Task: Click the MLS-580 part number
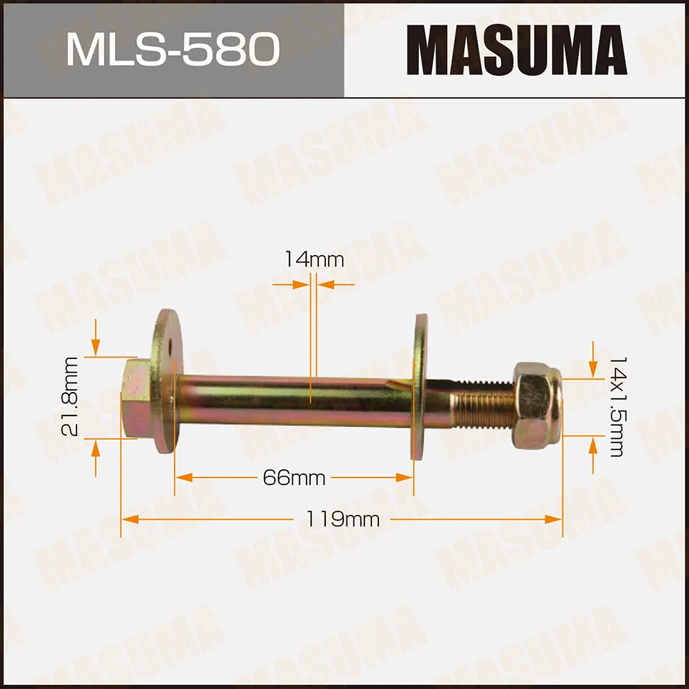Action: coord(172,50)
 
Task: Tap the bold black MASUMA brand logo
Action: coord(517,50)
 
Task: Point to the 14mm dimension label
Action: coord(313,260)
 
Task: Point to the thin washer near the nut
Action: coord(420,386)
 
